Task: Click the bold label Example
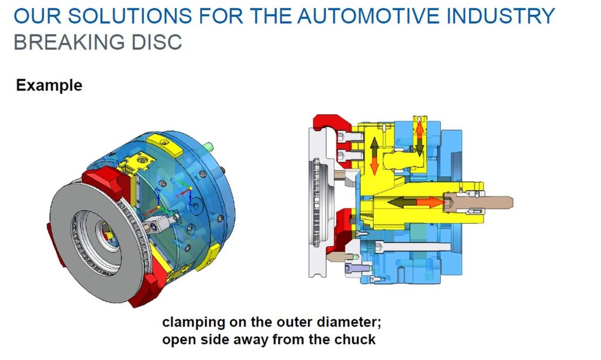pyautogui.click(x=49, y=85)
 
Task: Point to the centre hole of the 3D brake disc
pyautogui.click(x=106, y=235)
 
